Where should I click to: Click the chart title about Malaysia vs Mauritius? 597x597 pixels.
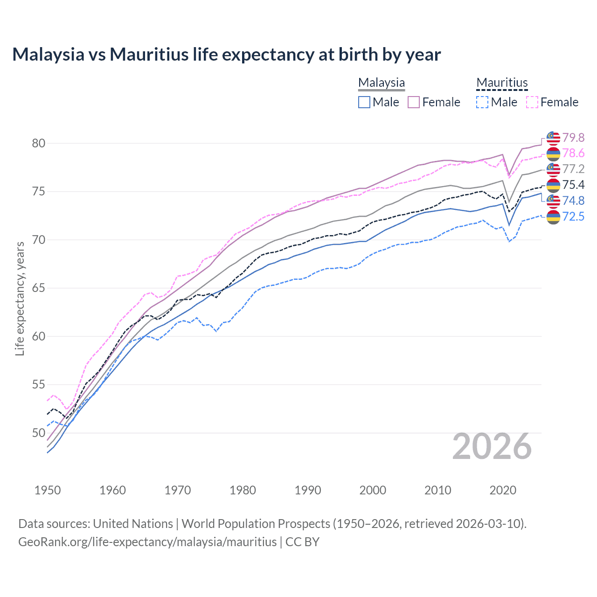pos(226,55)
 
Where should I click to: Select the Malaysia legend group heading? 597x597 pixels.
pos(381,83)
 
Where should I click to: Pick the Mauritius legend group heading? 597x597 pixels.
pos(502,83)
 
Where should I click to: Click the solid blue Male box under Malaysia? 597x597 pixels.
pos(364,102)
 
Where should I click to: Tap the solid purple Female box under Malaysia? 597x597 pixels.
pos(414,102)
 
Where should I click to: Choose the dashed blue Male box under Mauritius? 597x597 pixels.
pos(482,102)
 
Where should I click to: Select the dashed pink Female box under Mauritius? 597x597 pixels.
pos(532,102)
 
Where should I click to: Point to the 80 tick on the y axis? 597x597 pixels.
pos(39,143)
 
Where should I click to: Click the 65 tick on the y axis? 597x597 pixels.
pos(39,288)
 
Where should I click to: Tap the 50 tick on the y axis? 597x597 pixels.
pos(39,433)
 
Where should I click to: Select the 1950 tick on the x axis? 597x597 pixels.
pos(48,490)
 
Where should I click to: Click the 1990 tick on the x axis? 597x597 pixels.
pos(308,490)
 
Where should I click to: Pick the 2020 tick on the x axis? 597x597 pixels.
pos(503,490)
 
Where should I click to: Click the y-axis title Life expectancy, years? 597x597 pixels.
pos(20,298)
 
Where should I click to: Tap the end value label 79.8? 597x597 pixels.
pos(573,138)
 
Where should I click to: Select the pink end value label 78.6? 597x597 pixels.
pos(573,153)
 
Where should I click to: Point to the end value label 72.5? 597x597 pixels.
pos(573,216)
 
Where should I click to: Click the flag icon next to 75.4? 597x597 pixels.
pos(553,185)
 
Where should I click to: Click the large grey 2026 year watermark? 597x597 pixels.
pos(492,446)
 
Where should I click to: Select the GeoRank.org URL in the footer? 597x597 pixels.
pos(147,542)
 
